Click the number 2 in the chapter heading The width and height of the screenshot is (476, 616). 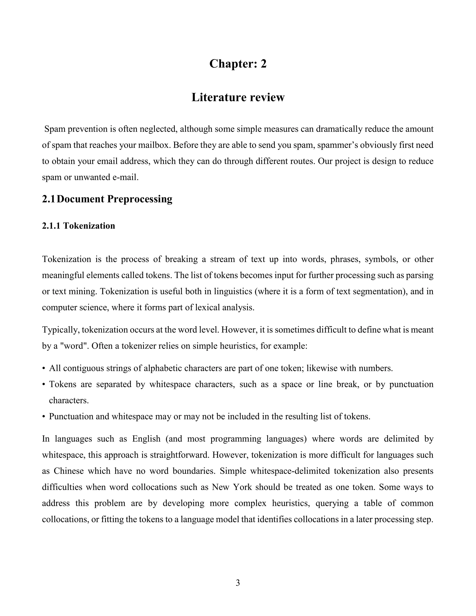click(x=263, y=64)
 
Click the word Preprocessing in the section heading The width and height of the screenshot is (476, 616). click(x=140, y=199)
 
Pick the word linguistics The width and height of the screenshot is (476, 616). click(x=233, y=291)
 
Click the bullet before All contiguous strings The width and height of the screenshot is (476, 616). click(x=44, y=368)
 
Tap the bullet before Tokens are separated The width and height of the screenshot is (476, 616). click(x=44, y=384)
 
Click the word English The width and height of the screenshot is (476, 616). click(x=146, y=439)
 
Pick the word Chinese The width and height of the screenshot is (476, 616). click(x=69, y=471)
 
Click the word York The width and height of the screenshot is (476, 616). click(x=242, y=487)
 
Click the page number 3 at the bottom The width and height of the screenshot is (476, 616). click(x=238, y=583)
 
